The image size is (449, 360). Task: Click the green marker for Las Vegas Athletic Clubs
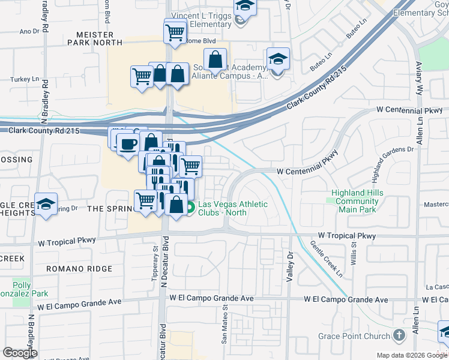point(190,208)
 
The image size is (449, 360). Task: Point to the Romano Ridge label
point(79,269)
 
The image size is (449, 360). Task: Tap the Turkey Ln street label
point(21,79)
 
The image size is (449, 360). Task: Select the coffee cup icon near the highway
point(127,144)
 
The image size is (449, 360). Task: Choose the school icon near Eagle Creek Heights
point(46,205)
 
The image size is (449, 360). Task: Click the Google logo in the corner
point(20,353)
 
